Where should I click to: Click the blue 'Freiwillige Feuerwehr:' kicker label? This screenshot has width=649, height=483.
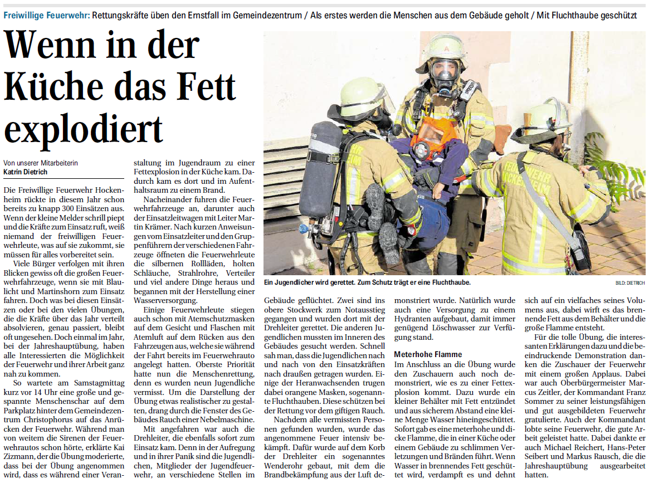tap(46, 16)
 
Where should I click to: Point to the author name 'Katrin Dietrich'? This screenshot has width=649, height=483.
tap(26, 172)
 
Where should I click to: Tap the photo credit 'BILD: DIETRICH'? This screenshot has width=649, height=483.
tap(630, 283)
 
